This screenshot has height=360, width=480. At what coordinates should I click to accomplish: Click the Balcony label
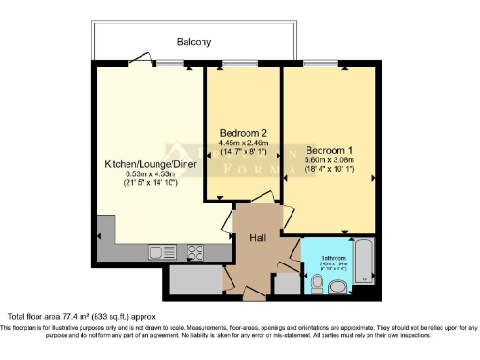coord(195,42)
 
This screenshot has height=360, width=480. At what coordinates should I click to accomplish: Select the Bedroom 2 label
coord(243,132)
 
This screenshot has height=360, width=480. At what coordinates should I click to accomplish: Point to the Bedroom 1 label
coord(329,150)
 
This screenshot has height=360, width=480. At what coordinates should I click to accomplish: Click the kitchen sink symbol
coord(157,251)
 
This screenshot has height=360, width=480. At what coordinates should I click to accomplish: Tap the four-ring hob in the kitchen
coord(197,251)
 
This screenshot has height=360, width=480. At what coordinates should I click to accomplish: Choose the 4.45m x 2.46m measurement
coord(243,142)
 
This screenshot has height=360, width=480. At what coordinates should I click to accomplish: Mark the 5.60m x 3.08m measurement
coord(329,160)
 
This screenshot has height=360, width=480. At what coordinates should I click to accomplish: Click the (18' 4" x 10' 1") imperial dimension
coord(329,170)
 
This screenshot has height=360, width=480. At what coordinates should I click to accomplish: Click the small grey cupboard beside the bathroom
coord(285,286)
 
